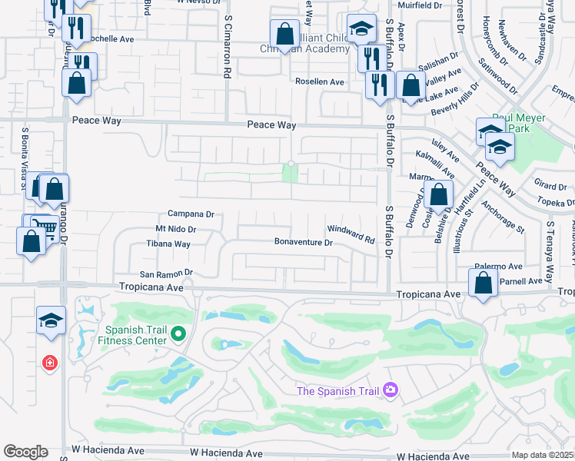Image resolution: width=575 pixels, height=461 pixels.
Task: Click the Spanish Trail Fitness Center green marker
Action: [178, 333]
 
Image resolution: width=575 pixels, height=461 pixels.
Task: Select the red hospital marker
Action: [51, 362]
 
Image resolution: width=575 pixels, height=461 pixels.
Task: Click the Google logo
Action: [25, 452]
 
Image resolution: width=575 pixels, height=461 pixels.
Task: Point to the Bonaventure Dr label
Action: [304, 243]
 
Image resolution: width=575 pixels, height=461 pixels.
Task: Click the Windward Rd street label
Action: [351, 235]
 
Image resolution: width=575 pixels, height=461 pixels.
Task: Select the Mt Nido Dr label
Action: [176, 229]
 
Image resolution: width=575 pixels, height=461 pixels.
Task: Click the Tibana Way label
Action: [168, 244]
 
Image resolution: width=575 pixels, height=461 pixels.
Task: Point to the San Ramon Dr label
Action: [165, 273]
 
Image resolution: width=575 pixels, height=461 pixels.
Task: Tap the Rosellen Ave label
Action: [320, 81]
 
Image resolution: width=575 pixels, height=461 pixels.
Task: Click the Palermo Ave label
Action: [498, 267]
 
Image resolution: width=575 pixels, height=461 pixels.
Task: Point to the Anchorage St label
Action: [503, 217]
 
